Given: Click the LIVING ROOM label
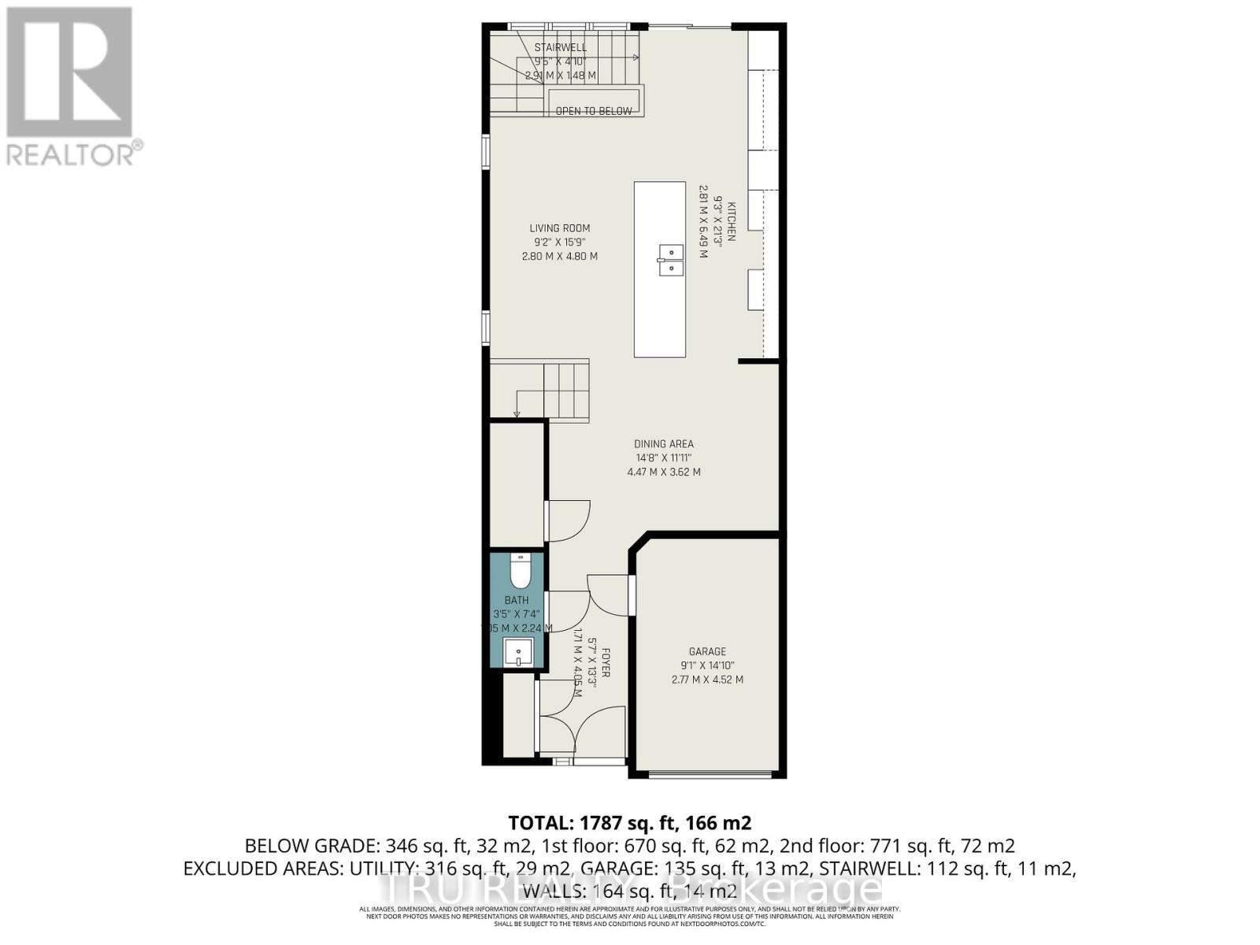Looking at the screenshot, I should point(559,229).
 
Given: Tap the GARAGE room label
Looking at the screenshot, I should point(707,651).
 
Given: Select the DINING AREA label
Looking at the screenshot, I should point(664,444).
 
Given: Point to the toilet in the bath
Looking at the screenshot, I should point(520,573).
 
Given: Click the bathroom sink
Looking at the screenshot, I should point(518,653).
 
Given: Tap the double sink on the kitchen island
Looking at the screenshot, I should point(669,259).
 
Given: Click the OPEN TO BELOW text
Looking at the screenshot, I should point(594,111).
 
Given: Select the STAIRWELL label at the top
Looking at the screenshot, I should point(561,48).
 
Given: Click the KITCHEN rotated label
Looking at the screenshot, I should point(731,222).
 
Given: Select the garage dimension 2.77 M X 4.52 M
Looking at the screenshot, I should point(707,680).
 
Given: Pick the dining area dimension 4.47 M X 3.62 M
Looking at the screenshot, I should point(664,472).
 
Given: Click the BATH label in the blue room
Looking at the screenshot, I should point(517,601).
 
